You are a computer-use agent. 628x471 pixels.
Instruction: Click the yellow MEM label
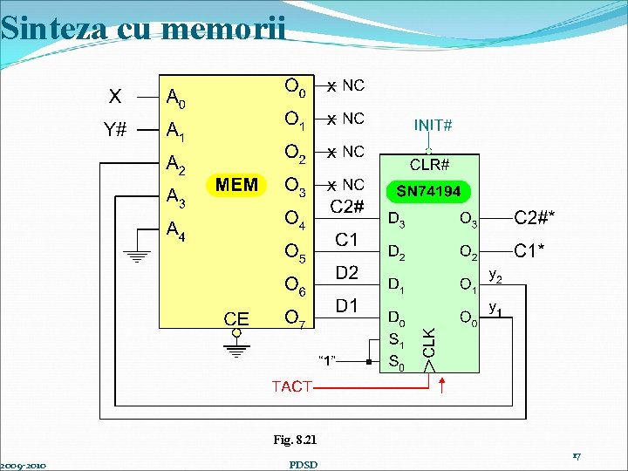pos(237,185)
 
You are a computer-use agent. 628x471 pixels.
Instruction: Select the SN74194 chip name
pos(429,191)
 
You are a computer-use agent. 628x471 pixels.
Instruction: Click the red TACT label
pos(292,386)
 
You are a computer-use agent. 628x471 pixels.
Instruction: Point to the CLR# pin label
pos(430,164)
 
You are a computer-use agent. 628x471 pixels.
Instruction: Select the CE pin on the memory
pos(236,319)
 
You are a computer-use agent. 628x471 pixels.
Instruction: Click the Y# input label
pos(115,131)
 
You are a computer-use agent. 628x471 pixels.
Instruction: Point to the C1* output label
pos(530,250)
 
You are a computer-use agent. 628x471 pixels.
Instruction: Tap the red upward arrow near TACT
pos(443,385)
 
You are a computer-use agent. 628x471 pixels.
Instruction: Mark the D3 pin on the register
pos(396,222)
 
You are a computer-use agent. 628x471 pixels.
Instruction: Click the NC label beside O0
pos(353,85)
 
